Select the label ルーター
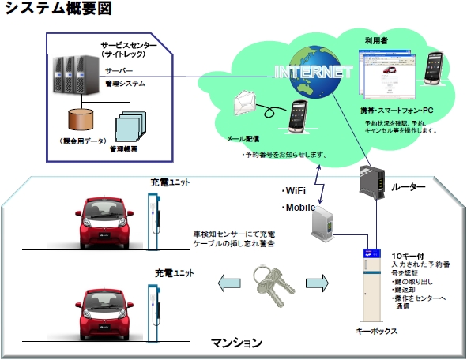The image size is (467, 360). (x=409, y=187)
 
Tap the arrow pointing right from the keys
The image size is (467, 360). (x=314, y=280)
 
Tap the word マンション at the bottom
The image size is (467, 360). (x=236, y=343)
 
